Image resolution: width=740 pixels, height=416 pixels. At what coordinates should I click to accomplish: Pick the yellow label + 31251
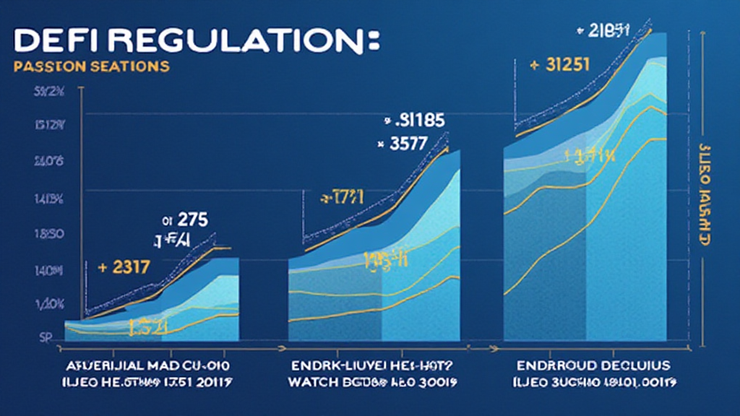tap(559, 64)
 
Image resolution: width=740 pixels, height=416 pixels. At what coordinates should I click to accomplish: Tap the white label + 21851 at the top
tap(603, 30)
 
